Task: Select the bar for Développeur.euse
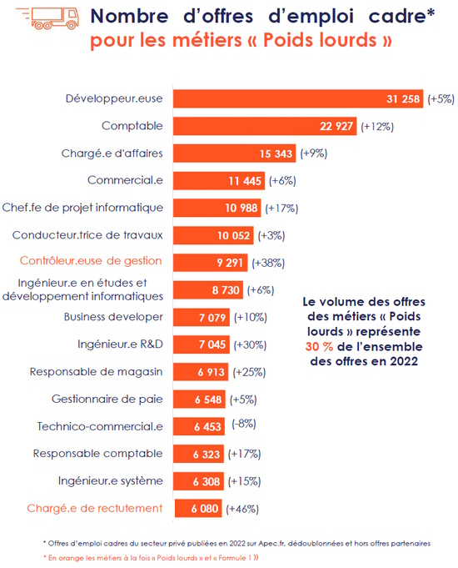(298, 98)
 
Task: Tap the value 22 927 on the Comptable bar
(336, 126)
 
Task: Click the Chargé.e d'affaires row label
(112, 153)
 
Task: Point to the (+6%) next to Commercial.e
(282, 180)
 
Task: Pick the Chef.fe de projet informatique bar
(217, 208)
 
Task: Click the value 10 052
(234, 235)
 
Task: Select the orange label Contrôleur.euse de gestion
(91, 261)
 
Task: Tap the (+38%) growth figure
(268, 263)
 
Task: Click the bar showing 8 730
(208, 289)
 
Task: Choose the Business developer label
(113, 317)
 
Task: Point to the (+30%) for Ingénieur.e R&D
(250, 344)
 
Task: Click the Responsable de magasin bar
(201, 372)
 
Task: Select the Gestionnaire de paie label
(107, 399)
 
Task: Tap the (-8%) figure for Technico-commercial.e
(244, 424)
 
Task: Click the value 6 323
(207, 455)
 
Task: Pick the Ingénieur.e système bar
(199, 481)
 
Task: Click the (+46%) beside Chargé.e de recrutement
(242, 509)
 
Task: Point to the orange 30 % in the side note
(319, 347)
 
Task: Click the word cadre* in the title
(401, 17)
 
